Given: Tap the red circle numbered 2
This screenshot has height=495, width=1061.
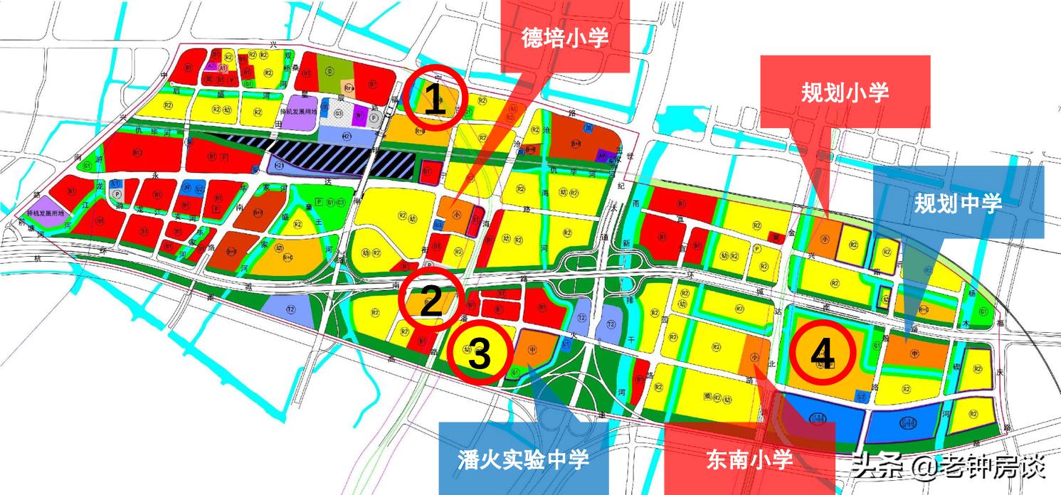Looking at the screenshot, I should point(431,302).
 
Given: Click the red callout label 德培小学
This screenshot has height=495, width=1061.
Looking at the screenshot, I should point(565,37).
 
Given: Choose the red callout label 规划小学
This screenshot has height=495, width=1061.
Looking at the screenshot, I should point(845,92).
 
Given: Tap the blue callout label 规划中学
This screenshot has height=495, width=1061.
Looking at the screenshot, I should point(958,203).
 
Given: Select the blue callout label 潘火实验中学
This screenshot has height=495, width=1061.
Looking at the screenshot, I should point(523,459).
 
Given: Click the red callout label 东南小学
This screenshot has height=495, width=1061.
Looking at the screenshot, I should point(749,459).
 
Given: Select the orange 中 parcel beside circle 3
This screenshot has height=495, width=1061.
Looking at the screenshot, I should point(535,348).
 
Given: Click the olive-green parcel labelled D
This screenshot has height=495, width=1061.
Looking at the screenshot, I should point(329,70).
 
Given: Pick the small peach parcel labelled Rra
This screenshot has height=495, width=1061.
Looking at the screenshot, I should point(349,88).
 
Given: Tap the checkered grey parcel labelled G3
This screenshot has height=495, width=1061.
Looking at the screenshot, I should point(339,115).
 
